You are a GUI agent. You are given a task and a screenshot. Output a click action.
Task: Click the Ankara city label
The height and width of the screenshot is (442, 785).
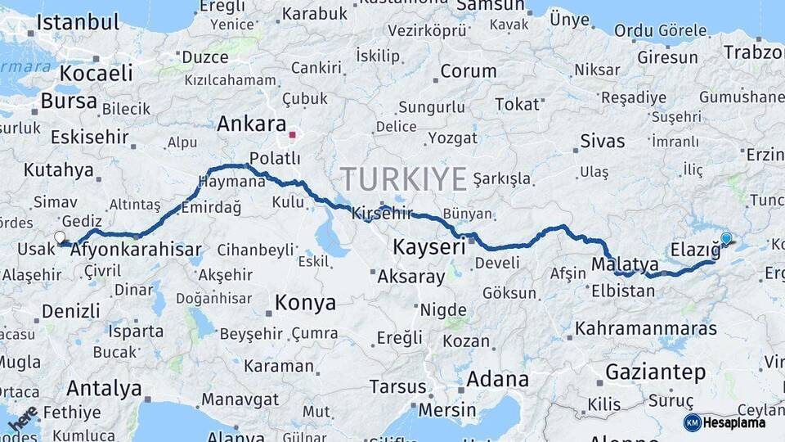(x=252, y=124)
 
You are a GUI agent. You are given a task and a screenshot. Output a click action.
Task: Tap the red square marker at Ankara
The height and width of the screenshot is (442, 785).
(x=292, y=133)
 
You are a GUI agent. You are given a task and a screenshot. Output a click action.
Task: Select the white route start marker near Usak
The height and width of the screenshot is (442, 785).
(x=60, y=238)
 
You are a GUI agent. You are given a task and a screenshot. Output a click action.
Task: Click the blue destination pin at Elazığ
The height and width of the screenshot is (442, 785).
(x=726, y=239)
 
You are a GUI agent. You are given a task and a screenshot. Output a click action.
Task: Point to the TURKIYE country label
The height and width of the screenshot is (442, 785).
(x=404, y=178)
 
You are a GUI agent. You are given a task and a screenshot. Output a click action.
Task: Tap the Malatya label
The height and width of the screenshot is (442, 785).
(x=625, y=264)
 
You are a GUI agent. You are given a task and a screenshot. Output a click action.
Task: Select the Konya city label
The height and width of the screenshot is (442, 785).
(x=305, y=303)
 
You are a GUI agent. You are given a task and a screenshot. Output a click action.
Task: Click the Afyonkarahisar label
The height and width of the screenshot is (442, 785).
(x=136, y=250)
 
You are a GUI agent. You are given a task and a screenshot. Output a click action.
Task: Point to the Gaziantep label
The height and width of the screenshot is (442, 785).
(x=655, y=373)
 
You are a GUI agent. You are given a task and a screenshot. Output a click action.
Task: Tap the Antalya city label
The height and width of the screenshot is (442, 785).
(x=104, y=388)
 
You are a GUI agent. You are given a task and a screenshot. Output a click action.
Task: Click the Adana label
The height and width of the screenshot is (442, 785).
(x=497, y=380)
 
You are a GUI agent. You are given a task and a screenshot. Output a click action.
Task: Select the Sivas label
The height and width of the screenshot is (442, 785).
(x=603, y=141)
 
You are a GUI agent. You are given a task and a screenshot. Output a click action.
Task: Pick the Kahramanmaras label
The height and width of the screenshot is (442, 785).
(x=646, y=329)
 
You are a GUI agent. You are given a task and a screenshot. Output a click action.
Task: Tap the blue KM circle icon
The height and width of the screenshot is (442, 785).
(x=693, y=422)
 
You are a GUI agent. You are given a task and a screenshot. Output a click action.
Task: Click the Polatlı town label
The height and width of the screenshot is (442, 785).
(x=269, y=158)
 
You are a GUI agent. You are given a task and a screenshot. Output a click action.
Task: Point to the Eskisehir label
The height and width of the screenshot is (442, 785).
(x=90, y=136)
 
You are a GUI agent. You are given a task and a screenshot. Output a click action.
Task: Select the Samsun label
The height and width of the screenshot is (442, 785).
(x=490, y=6)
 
